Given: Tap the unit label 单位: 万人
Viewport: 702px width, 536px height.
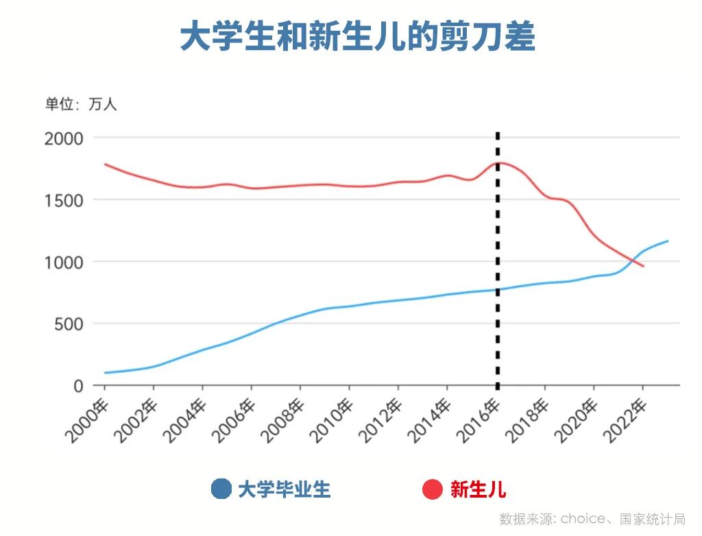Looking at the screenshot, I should point(81,105).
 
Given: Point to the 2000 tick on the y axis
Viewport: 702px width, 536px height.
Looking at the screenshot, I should point(64,138).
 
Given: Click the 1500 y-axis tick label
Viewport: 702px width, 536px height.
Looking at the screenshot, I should point(64,200).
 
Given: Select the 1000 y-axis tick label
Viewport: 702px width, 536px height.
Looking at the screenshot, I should point(64,262).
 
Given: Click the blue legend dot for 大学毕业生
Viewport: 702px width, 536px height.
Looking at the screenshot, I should point(221,489).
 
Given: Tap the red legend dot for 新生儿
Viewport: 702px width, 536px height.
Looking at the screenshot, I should point(433,489).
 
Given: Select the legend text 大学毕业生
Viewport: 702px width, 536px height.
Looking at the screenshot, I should point(284,489).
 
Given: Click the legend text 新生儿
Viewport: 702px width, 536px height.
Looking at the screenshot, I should point(478,489).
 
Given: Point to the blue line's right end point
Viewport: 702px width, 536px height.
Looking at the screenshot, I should point(667,241).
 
